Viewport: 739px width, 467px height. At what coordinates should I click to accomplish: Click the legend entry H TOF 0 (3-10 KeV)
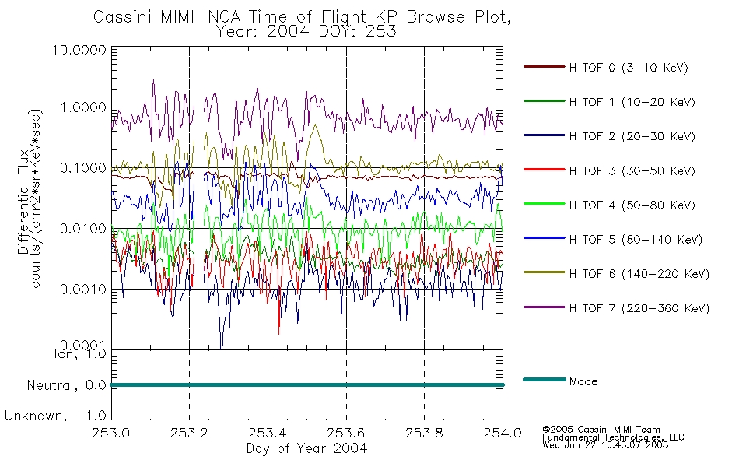pyautogui.click(x=629, y=68)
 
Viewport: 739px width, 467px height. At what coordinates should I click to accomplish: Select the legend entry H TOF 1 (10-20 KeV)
pyautogui.click(x=632, y=102)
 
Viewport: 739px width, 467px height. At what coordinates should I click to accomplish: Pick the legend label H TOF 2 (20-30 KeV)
pyautogui.click(x=632, y=136)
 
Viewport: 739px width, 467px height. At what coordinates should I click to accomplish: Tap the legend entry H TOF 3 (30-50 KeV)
pyautogui.click(x=632, y=170)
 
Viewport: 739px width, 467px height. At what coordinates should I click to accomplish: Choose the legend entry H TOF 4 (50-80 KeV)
pyautogui.click(x=632, y=205)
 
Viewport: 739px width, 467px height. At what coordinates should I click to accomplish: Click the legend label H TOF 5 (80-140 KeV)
pyautogui.click(x=636, y=240)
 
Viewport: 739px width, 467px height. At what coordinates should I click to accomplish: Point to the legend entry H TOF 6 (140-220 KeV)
pyautogui.click(x=639, y=274)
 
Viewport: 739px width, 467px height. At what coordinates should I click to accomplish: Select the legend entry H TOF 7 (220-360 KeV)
pyautogui.click(x=639, y=308)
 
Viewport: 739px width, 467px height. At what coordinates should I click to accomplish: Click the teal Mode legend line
pyautogui.click(x=545, y=379)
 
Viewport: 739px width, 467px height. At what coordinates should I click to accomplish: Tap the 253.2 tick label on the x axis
pyautogui.click(x=190, y=433)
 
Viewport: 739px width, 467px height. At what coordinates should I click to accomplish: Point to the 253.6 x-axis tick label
pyautogui.click(x=346, y=433)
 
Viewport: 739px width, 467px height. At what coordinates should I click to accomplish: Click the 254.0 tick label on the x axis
pyautogui.click(x=503, y=433)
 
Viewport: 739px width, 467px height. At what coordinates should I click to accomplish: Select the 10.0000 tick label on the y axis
pyautogui.click(x=79, y=50)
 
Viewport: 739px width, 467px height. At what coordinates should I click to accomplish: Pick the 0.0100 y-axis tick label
pyautogui.click(x=83, y=229)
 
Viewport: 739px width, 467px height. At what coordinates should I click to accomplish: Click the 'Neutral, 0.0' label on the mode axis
pyautogui.click(x=66, y=386)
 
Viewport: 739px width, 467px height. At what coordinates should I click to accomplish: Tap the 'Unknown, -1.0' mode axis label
pyautogui.click(x=55, y=416)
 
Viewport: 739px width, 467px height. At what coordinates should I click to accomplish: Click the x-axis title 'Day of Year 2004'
pyautogui.click(x=306, y=448)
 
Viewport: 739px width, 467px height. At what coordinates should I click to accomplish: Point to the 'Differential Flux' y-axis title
pyautogui.click(x=23, y=202)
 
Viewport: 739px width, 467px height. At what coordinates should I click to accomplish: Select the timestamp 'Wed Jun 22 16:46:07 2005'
pyautogui.click(x=605, y=444)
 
